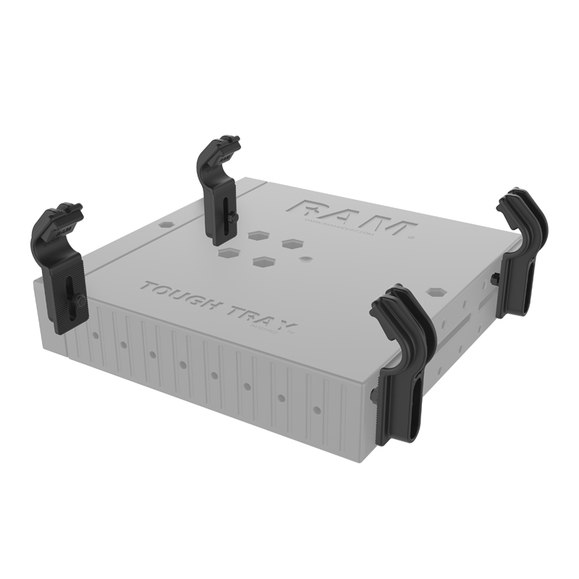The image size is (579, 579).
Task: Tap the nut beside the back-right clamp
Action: (494, 278)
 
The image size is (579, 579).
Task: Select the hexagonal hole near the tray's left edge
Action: (166, 225)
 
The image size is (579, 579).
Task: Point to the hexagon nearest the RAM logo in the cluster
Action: (293, 244)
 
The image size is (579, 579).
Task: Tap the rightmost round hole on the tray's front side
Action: (316, 410)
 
